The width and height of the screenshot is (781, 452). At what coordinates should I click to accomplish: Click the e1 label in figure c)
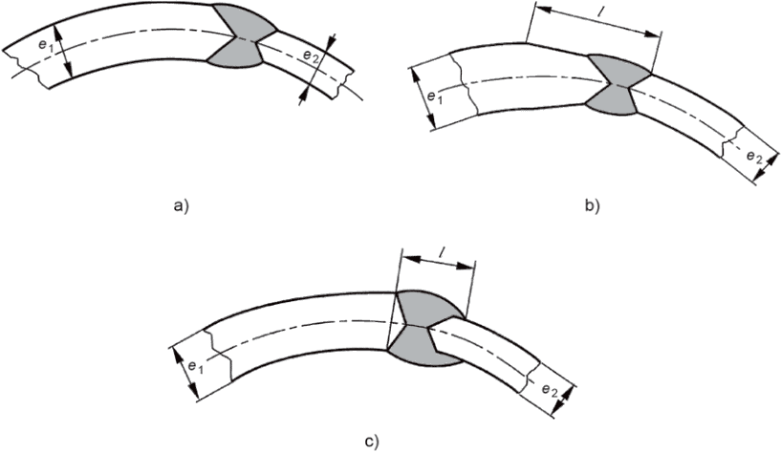194,367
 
